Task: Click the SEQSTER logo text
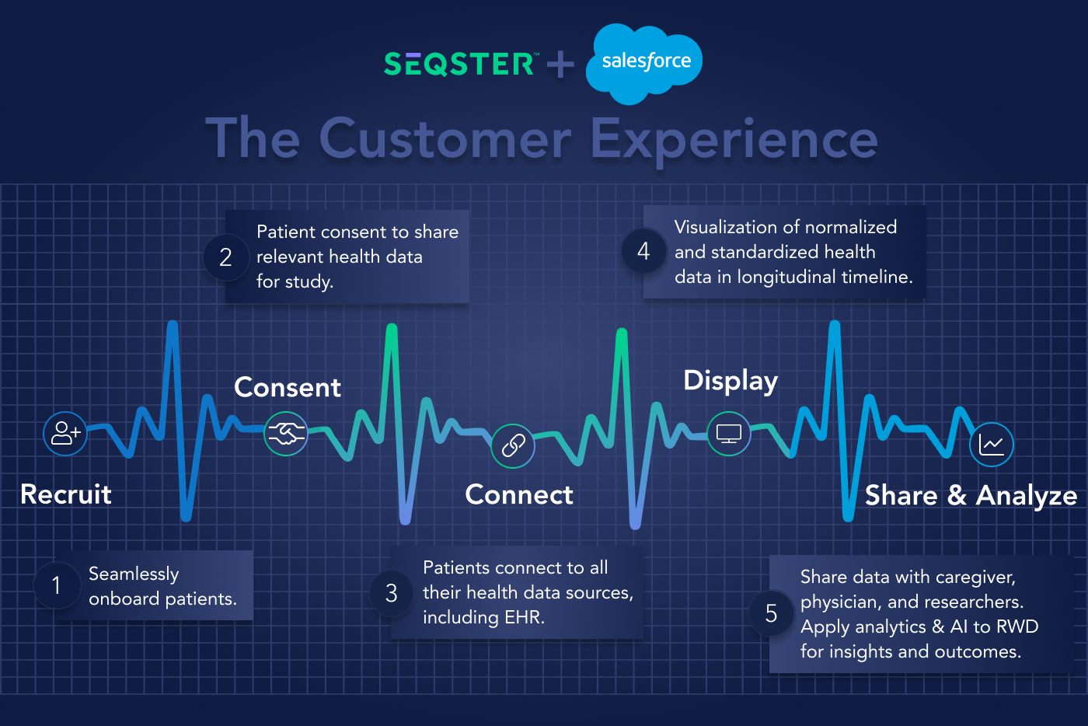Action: click(459, 64)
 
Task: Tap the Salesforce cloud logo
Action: click(644, 62)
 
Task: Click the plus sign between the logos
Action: click(560, 64)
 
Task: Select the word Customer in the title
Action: click(445, 140)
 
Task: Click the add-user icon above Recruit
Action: click(65, 434)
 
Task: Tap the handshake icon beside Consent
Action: click(286, 434)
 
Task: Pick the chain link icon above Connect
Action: click(513, 445)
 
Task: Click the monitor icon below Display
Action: click(729, 434)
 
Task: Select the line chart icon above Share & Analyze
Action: click(992, 445)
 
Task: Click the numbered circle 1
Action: click(57, 585)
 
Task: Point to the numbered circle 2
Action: click(226, 257)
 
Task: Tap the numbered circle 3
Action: click(392, 593)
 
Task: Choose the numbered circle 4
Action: click(643, 251)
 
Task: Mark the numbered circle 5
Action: click(771, 613)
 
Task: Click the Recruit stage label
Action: click(66, 494)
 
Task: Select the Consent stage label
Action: click(288, 387)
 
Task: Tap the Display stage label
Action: click(731, 380)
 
